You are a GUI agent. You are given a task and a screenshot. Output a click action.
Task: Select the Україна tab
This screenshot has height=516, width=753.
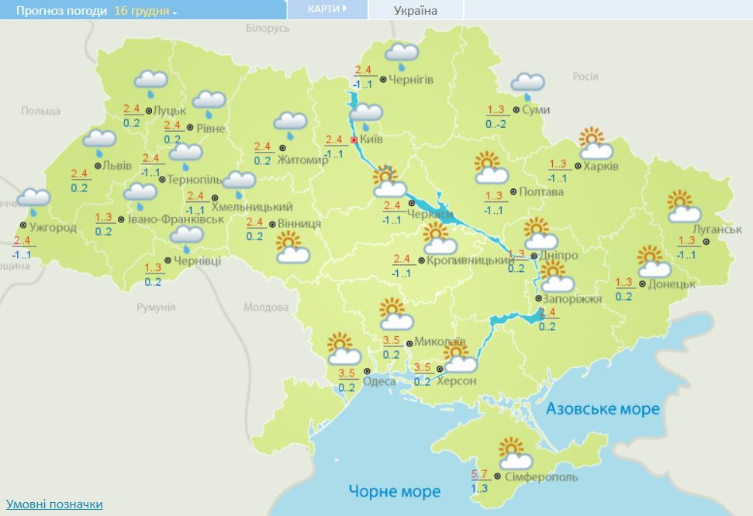coord(416,10)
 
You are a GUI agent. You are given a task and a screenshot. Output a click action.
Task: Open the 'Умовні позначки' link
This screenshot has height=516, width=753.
coord(54,504)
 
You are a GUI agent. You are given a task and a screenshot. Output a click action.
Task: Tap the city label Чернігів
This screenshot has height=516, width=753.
coord(410,80)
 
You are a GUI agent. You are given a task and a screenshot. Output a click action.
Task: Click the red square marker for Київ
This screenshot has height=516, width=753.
coord(354,140)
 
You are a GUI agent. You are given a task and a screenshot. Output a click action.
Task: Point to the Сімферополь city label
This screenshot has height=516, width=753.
coord(540,479)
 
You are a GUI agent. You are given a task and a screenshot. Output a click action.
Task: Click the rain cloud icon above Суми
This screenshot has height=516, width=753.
coord(527,84)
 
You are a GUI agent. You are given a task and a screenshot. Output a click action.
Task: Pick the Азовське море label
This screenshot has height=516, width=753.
coord(602,409)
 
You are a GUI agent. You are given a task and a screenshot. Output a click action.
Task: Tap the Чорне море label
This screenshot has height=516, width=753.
coord(394,491)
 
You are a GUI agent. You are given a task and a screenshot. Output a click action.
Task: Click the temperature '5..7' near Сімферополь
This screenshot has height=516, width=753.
coord(480,473)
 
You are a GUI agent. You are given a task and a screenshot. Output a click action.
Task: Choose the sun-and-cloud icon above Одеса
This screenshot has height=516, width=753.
coord(341,349)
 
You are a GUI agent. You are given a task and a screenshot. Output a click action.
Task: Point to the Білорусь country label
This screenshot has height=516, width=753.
coord(268,28)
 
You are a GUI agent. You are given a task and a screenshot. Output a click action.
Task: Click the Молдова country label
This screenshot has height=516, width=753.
coord(265,308)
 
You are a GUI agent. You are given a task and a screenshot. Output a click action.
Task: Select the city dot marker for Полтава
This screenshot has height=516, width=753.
coord(514,192)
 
